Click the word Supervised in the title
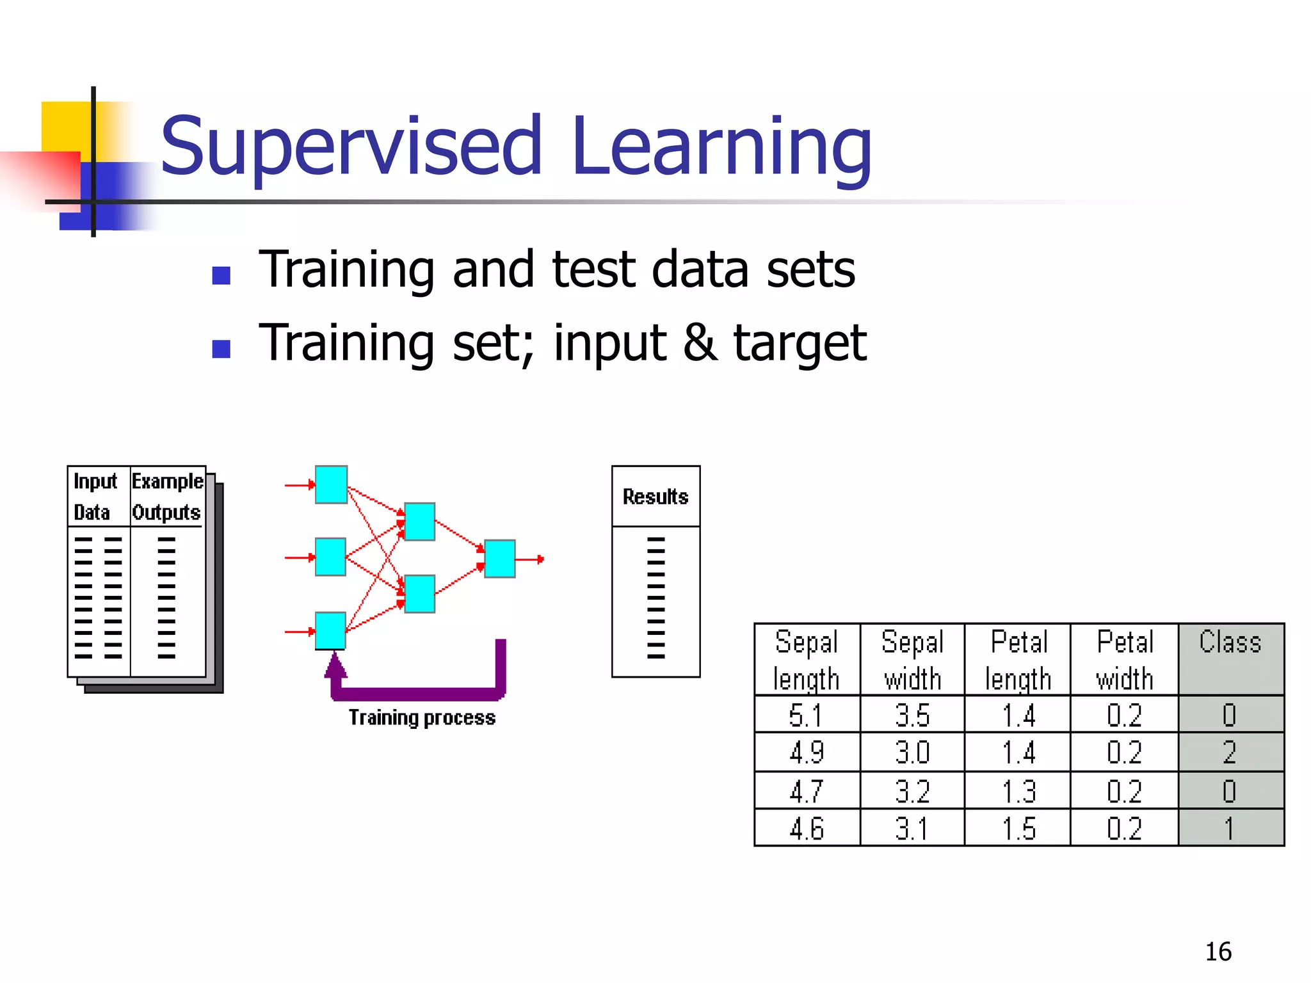[351, 147]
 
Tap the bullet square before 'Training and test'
[221, 275]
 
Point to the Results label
[655, 497]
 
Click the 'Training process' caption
[422, 717]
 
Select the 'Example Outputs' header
[167, 497]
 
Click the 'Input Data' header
[95, 497]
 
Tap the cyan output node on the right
[499, 559]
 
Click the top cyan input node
[331, 484]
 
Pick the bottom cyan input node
[330, 630]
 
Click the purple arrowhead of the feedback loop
[335, 666]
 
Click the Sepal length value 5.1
[805, 715]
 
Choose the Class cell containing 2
[1229, 752]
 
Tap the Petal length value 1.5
[1018, 829]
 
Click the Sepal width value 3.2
[912, 792]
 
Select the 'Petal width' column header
[1124, 660]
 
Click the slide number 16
[1218, 952]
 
